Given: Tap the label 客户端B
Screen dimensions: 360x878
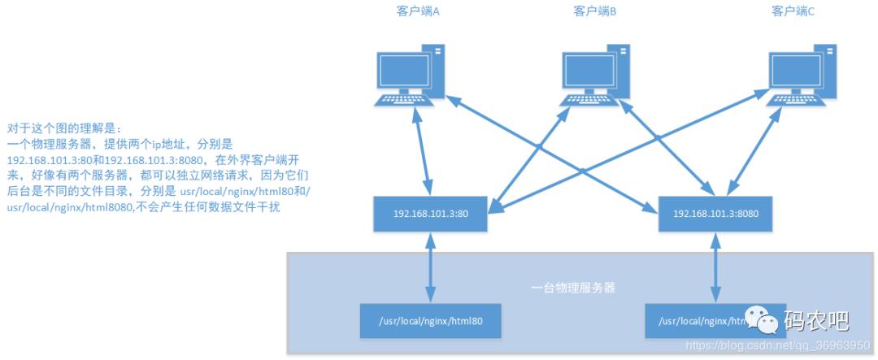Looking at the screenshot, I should pos(594,11).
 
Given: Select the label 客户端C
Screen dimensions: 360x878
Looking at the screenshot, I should pos(793,11).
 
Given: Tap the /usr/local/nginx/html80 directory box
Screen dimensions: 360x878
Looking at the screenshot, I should pos(430,320).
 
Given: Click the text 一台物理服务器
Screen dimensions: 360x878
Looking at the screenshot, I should pos(572,287).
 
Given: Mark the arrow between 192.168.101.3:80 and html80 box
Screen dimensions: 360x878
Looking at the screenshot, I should pos(430,268).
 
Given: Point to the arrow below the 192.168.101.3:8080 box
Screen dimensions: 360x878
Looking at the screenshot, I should pos(716,268).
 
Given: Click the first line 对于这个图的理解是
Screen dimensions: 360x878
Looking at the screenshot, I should pos(63,128).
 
